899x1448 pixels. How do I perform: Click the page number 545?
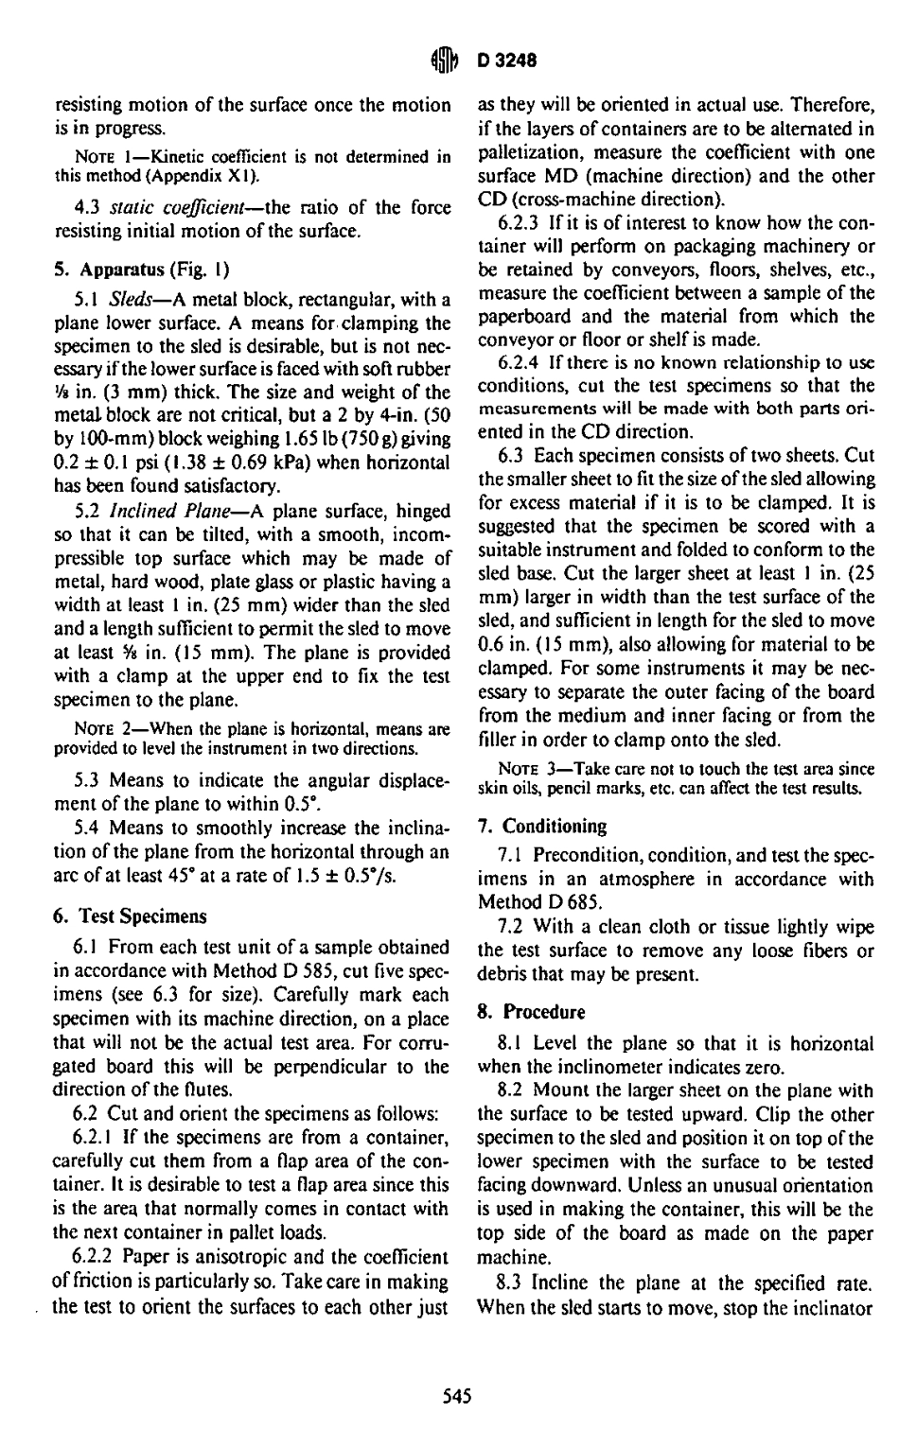tap(456, 1395)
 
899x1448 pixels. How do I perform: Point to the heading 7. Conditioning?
tap(542, 826)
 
